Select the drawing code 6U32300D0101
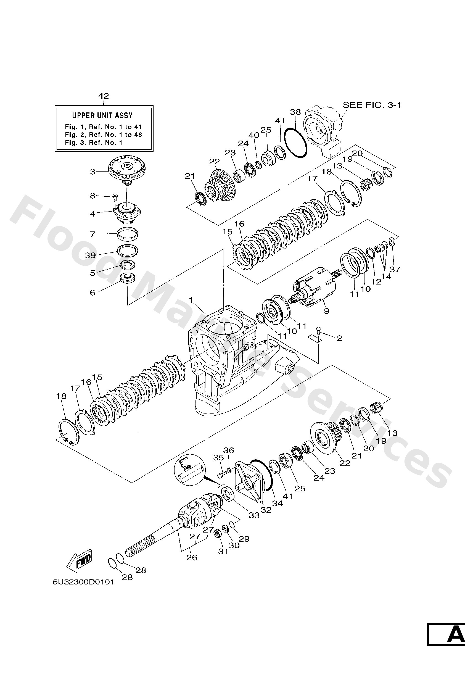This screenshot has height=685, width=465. tap(83, 583)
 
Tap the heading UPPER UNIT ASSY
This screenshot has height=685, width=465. tap(102, 115)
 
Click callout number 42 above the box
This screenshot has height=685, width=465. tap(104, 96)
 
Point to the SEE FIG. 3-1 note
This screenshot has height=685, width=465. tap(372, 105)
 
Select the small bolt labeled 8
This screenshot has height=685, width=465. tap(115, 197)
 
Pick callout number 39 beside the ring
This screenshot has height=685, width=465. tap(91, 255)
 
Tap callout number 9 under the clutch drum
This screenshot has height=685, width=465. tap(326, 311)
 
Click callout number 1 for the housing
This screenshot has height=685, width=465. tap(191, 300)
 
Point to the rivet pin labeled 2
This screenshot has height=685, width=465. tap(318, 330)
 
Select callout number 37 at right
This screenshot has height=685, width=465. tap(395, 269)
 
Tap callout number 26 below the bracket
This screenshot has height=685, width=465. tap(192, 557)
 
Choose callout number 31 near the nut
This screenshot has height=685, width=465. tap(223, 551)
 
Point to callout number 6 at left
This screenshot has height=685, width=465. tap(93, 293)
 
